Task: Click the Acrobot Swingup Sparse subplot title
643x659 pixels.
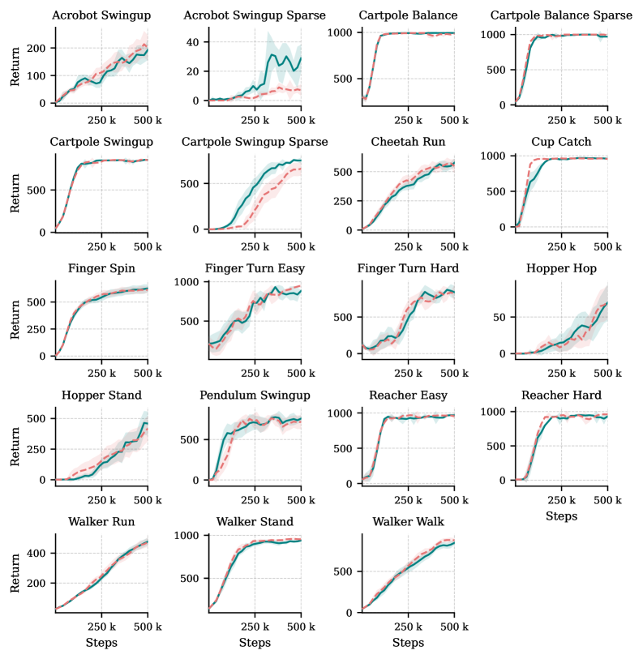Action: pos(255,15)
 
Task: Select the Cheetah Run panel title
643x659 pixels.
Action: pos(408,142)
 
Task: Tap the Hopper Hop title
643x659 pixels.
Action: pos(561,268)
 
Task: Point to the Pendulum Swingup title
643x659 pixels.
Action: pos(255,395)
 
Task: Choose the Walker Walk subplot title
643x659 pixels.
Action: pos(408,521)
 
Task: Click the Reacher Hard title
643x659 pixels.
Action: pos(561,395)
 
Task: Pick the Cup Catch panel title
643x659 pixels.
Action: pos(561,142)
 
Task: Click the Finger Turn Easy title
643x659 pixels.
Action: pos(255,268)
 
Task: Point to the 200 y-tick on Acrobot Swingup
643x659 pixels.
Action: pos(38,48)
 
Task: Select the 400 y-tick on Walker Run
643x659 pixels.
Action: pos(38,553)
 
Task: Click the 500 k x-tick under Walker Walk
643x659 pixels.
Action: pos(454,627)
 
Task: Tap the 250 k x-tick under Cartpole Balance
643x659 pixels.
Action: pos(408,121)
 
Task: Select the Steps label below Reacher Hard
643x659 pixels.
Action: pos(561,516)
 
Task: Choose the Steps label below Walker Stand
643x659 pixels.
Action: pos(255,643)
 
